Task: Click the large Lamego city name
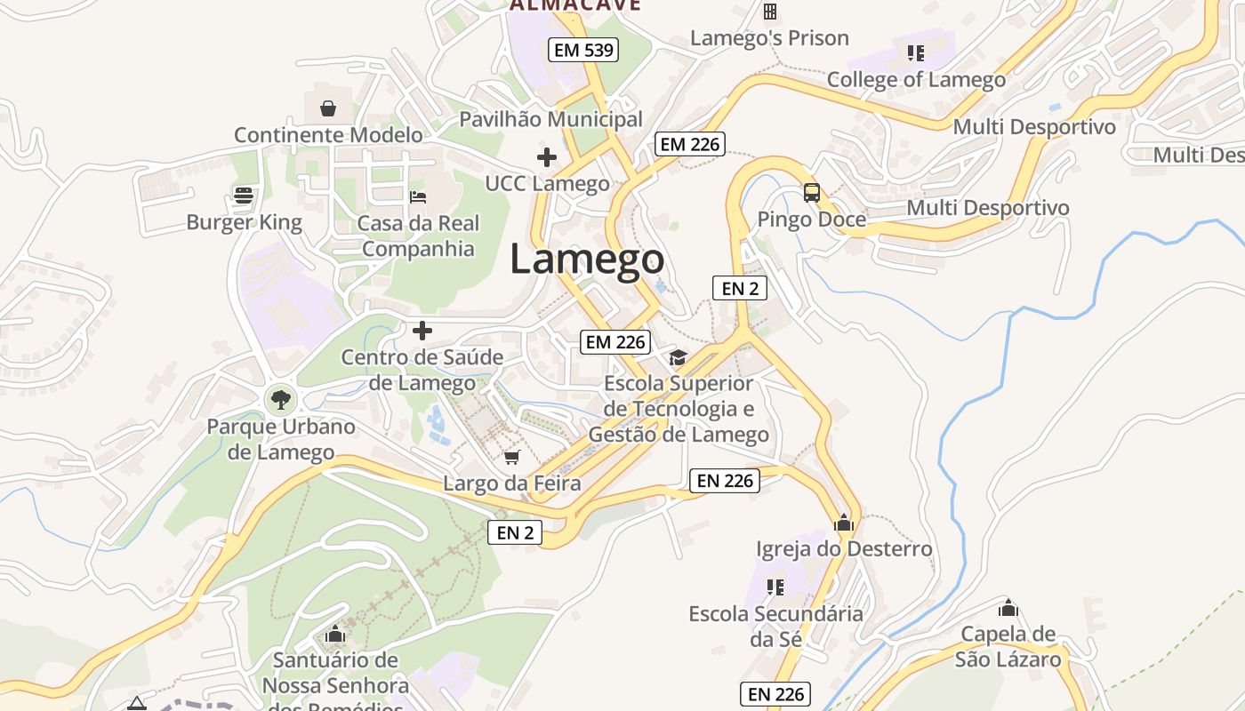click(x=587, y=260)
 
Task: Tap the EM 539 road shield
click(x=583, y=50)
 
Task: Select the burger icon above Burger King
click(x=244, y=196)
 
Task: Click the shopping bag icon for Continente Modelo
click(x=328, y=108)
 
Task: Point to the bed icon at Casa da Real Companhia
click(x=418, y=196)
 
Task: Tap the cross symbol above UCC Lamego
click(x=547, y=157)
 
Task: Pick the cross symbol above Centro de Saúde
click(x=422, y=331)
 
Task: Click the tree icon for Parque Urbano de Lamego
click(x=281, y=399)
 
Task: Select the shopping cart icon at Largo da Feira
click(x=511, y=457)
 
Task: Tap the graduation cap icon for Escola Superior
click(x=679, y=357)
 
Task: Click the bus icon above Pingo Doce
click(x=811, y=192)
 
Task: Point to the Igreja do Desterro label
click(x=844, y=548)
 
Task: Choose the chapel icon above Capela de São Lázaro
click(x=1008, y=608)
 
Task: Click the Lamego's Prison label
click(x=769, y=38)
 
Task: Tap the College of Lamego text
click(x=916, y=79)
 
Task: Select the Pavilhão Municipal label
click(x=550, y=118)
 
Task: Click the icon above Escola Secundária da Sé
click(x=775, y=587)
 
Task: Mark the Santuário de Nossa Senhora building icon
click(x=335, y=634)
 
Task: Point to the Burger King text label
click(x=244, y=222)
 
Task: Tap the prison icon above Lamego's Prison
click(x=770, y=12)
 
